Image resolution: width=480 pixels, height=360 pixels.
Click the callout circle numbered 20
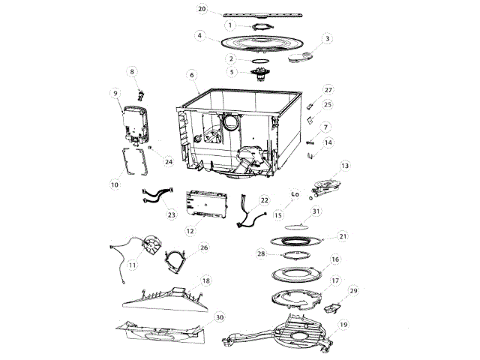coord(202,8)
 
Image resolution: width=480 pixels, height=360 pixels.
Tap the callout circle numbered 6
coord(192,75)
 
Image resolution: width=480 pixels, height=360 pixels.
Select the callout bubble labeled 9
coord(115,93)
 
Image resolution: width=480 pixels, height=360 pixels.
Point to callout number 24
coord(168,161)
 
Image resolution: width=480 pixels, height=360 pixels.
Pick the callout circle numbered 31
coord(316,211)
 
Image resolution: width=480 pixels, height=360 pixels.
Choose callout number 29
coord(354,290)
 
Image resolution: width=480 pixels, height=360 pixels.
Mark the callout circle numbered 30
coord(219,317)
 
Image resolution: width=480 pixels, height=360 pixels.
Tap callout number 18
coord(206,281)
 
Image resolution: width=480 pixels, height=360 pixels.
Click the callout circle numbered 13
coord(345,165)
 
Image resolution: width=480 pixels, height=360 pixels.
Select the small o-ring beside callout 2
coord(259,58)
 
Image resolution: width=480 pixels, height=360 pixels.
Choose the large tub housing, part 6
coord(232,131)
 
